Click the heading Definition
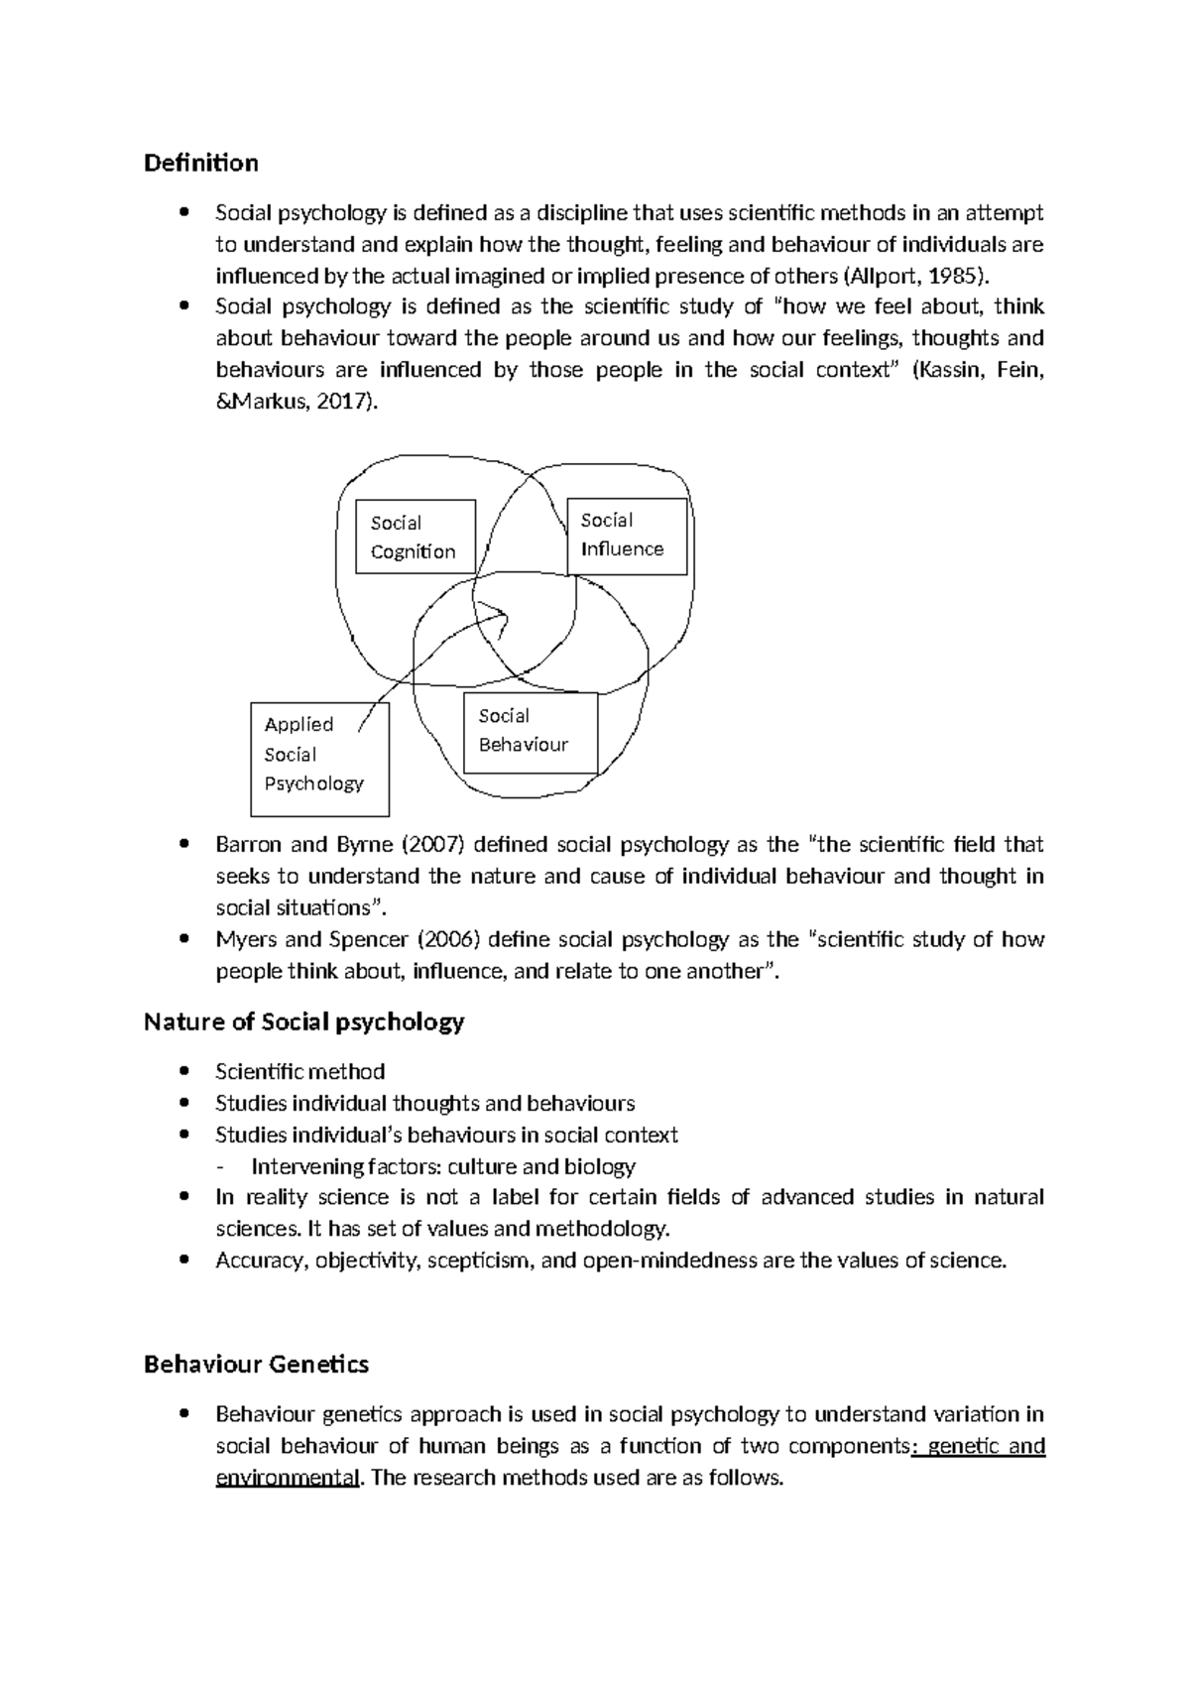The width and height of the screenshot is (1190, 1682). [x=200, y=163]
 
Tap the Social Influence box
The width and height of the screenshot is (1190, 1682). [x=626, y=536]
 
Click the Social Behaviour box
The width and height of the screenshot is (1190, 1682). [x=530, y=733]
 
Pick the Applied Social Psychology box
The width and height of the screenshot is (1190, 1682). [x=319, y=759]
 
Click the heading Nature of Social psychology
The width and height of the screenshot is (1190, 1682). [x=303, y=1021]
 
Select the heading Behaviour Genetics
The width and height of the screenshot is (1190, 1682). [x=256, y=1365]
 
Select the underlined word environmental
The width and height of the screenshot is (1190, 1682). [x=287, y=1478]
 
